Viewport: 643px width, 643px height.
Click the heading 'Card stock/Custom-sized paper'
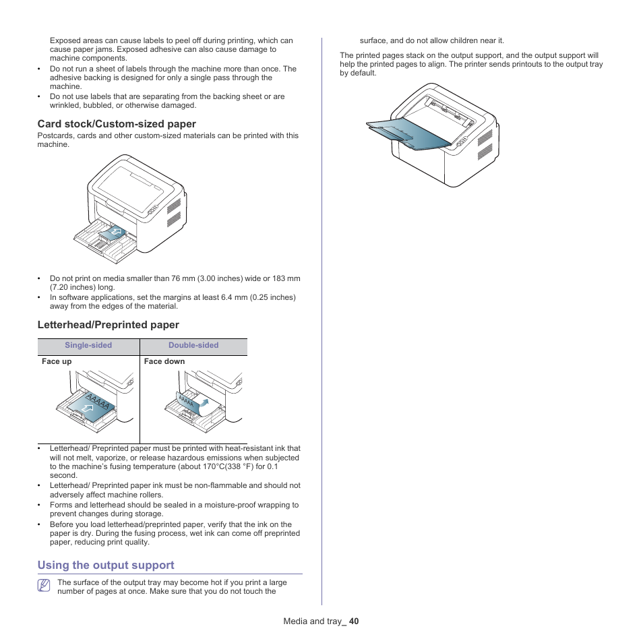(x=117, y=124)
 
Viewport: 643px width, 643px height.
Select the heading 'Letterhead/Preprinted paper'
(x=108, y=325)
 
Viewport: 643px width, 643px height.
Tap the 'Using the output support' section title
(x=106, y=565)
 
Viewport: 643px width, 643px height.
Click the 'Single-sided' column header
(x=88, y=345)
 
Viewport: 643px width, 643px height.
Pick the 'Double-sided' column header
(x=193, y=345)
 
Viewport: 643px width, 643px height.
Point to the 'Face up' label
(x=57, y=361)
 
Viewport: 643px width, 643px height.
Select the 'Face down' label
(x=164, y=361)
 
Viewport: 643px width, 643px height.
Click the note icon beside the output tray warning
(x=44, y=586)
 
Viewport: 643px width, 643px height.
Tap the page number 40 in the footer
(x=354, y=621)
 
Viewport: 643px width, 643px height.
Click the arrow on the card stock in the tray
(x=115, y=233)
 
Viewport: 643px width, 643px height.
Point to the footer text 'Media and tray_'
(x=313, y=621)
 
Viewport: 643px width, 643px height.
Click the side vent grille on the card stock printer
(x=174, y=213)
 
